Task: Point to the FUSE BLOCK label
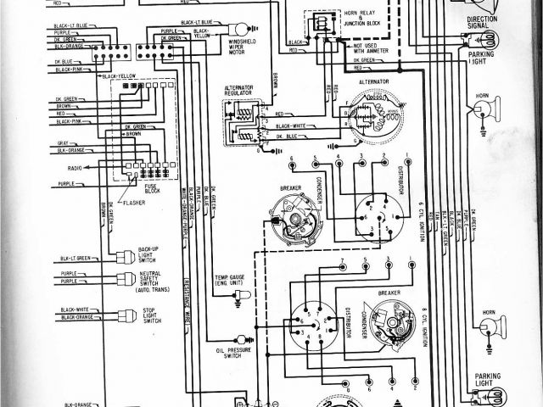coord(153,189)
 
